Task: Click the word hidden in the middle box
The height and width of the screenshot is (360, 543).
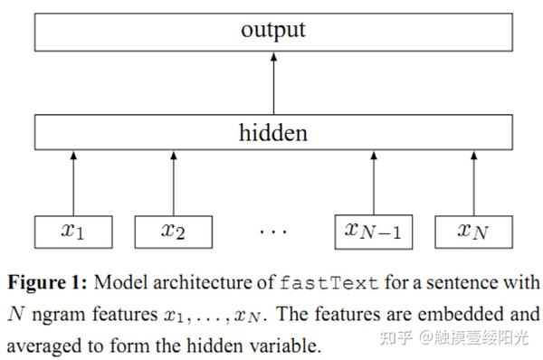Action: click(x=272, y=133)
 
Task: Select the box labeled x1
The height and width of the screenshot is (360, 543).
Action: click(x=73, y=231)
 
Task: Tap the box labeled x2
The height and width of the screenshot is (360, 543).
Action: click(x=173, y=231)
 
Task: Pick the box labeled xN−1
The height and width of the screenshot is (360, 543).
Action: click(x=373, y=231)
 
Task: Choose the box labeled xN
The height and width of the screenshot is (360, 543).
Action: click(x=472, y=231)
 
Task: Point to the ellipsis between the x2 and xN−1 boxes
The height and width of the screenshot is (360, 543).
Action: click(x=272, y=232)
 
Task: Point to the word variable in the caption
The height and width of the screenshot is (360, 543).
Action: click(x=286, y=345)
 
